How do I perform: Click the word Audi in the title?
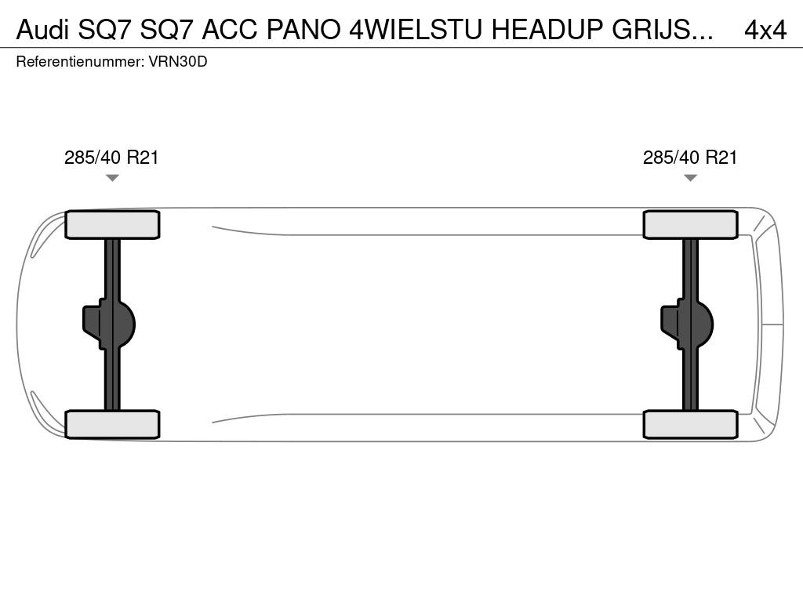coord(42,30)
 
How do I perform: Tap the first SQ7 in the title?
coord(104,30)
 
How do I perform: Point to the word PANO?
coord(303,30)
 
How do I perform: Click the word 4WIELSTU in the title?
coord(416,30)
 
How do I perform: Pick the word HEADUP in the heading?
coord(547,30)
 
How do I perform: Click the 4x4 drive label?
coord(765,31)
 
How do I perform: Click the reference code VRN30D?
coord(178,62)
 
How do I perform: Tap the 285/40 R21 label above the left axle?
coord(111,158)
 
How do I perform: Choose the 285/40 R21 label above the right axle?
coord(690,158)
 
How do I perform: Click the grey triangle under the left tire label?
coord(112,178)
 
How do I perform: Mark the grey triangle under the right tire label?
coord(690,178)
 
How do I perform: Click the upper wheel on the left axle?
coord(112,225)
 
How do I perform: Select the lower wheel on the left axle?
coord(112,424)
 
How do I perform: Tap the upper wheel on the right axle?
coord(690,225)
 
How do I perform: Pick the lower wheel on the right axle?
coord(690,424)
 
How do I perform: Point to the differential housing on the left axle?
coord(109,325)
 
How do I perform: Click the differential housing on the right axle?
coord(687,325)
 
